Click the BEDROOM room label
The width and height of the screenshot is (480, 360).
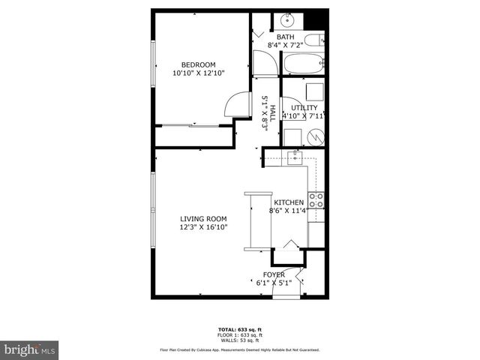(x=199, y=64)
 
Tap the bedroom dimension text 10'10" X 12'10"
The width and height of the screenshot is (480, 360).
(x=199, y=72)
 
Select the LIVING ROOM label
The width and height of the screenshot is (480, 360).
(x=203, y=219)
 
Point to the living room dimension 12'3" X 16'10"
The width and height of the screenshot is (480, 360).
(x=203, y=227)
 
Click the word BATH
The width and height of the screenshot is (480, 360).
(x=286, y=37)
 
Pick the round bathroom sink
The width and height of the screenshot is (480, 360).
(x=286, y=20)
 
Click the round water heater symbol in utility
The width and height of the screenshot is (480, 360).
(x=316, y=137)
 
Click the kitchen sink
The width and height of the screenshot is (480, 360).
(x=295, y=156)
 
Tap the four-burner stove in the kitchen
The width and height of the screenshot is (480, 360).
(x=316, y=199)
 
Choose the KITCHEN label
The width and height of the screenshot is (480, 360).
(x=289, y=203)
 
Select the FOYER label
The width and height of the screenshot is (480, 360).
(x=274, y=274)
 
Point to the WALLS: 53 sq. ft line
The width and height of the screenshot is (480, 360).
(x=239, y=340)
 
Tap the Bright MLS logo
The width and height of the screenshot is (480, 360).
(x=30, y=349)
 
